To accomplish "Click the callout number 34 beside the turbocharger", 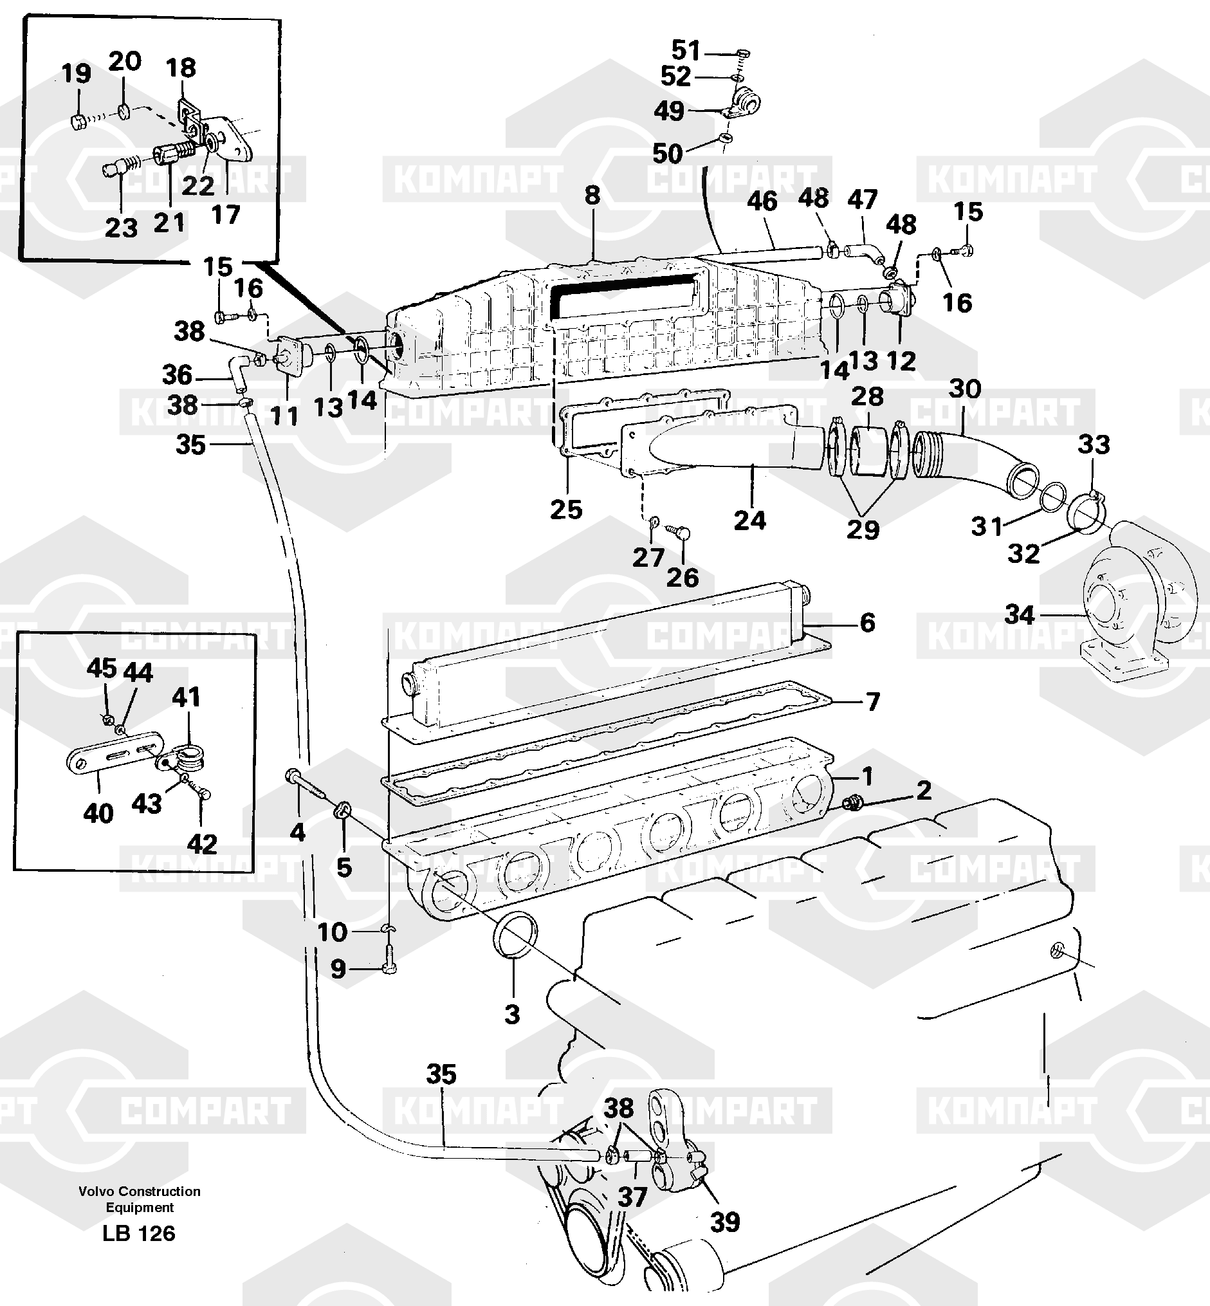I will click(1020, 615).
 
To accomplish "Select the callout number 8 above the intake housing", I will click(592, 195).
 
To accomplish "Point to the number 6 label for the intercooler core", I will click(867, 622).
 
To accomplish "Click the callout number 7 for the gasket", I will click(873, 701).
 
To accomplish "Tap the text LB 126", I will click(139, 1234).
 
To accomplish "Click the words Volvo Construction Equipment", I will click(140, 1199).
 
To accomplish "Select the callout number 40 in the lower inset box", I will click(98, 813).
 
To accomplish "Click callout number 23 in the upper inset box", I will click(121, 228).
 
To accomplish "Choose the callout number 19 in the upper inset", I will click(76, 73).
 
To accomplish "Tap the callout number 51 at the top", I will click(686, 50).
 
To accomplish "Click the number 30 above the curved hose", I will click(964, 389).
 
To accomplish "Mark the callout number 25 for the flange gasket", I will click(565, 509).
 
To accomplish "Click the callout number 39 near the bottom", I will click(725, 1222).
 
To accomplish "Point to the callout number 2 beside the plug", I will click(923, 791).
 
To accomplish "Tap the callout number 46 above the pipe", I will click(762, 202).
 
